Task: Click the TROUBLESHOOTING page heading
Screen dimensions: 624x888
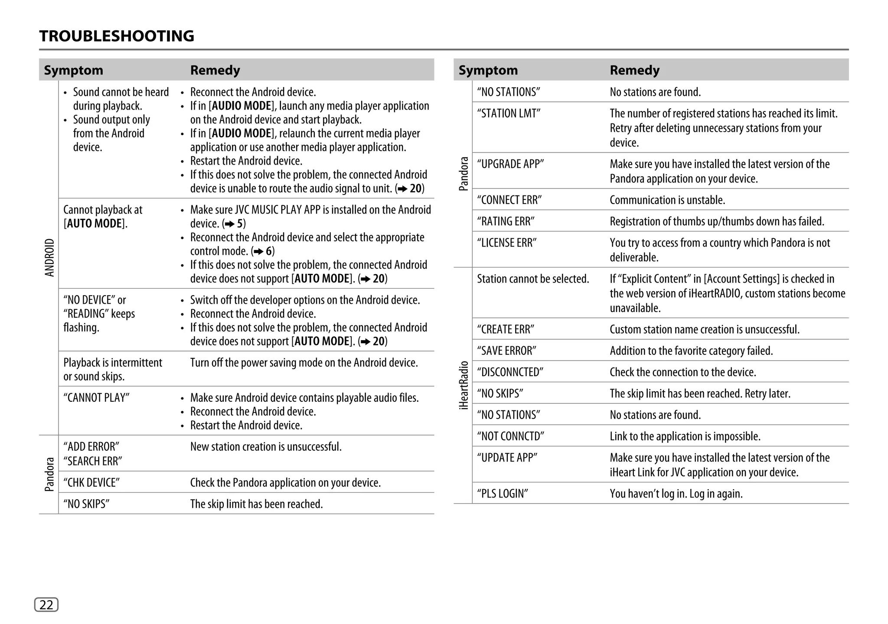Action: (x=117, y=36)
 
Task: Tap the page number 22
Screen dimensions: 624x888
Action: (x=46, y=604)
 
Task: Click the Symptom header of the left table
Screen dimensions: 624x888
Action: (x=73, y=70)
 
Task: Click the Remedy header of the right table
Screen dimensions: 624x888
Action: (x=634, y=70)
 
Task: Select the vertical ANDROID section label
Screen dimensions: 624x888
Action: (x=49, y=257)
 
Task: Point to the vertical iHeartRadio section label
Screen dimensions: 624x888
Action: (x=464, y=385)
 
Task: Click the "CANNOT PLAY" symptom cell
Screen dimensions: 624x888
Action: (x=96, y=398)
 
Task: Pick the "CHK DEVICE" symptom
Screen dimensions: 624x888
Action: (x=91, y=483)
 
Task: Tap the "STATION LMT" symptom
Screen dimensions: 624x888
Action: (x=509, y=114)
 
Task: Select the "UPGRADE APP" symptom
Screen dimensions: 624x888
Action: (x=510, y=164)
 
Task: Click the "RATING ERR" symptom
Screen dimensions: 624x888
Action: (x=506, y=221)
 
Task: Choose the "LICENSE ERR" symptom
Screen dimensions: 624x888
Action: (x=507, y=243)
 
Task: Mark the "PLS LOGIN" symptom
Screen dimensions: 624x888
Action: (x=503, y=494)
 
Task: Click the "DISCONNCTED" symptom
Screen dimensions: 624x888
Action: (x=510, y=372)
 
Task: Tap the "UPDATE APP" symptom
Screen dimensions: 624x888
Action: (x=507, y=458)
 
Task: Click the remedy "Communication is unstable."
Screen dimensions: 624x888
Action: (x=667, y=200)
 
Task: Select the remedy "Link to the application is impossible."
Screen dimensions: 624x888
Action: (x=685, y=436)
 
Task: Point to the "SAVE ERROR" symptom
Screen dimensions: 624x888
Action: (x=506, y=351)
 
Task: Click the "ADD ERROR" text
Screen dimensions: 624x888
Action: (x=91, y=447)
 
